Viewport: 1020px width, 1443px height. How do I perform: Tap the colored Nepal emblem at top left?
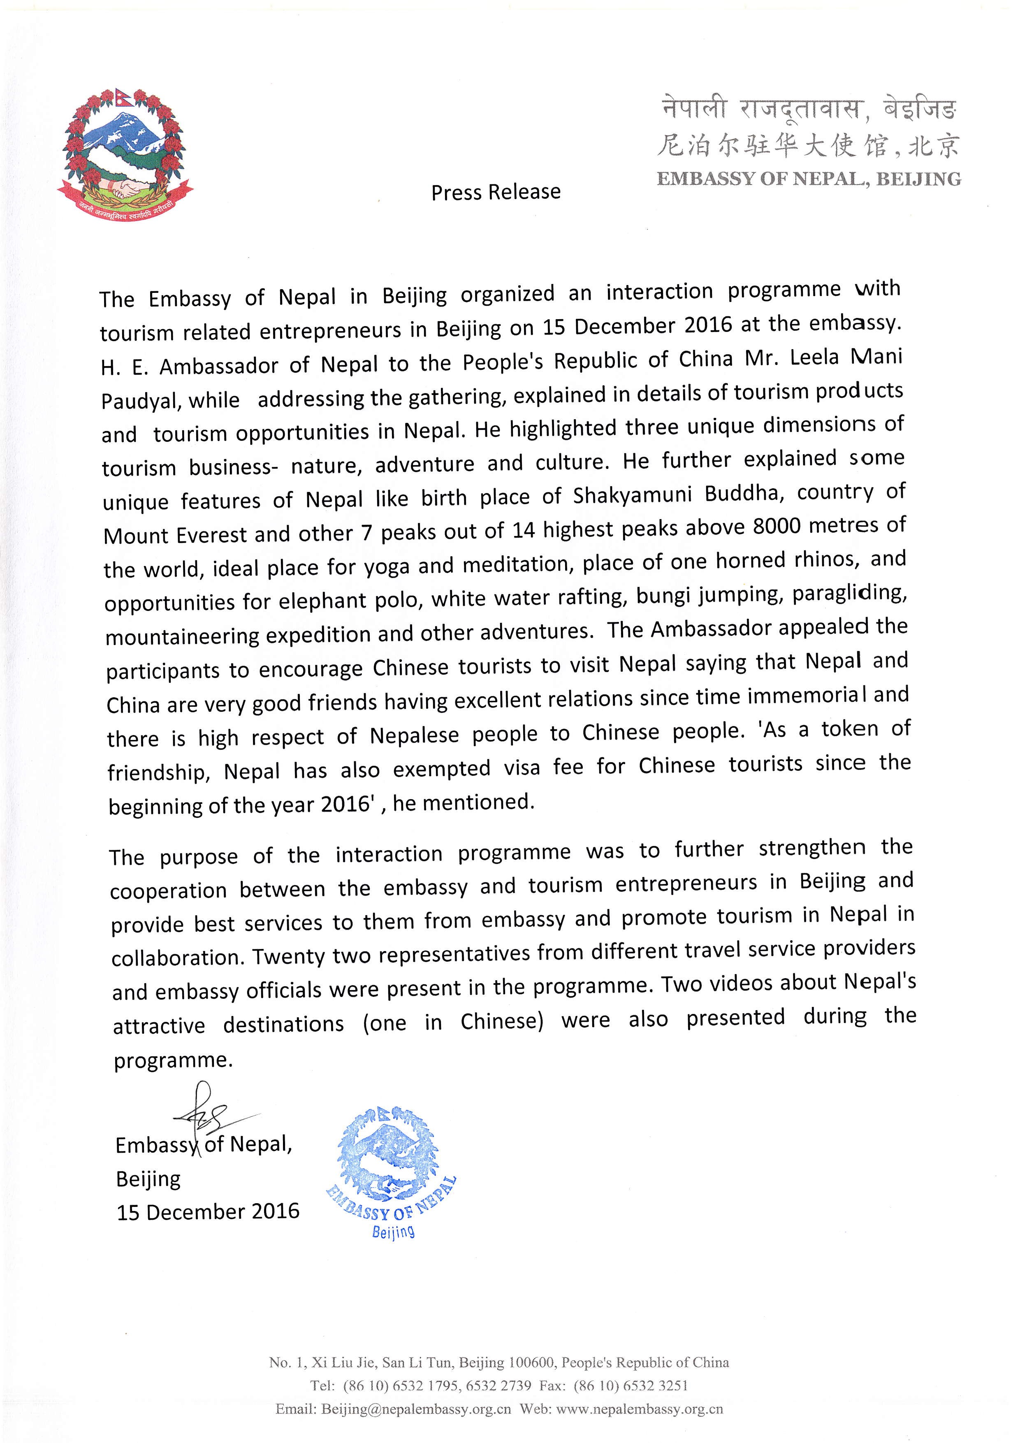(125, 151)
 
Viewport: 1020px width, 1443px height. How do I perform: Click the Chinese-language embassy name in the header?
(809, 146)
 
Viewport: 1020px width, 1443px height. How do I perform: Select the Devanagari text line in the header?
(809, 111)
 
